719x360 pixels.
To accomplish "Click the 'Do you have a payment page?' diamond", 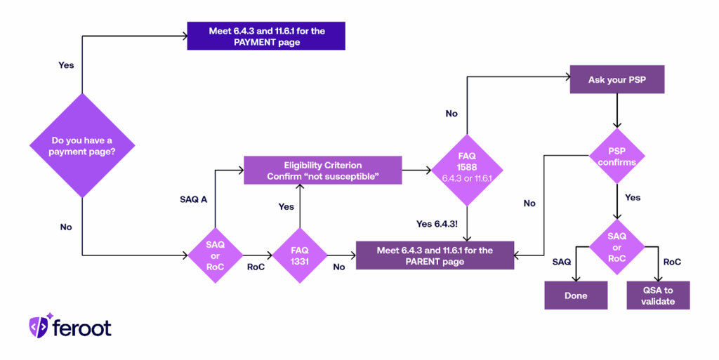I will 82,145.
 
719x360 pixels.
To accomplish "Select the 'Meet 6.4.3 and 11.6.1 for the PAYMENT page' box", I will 266,36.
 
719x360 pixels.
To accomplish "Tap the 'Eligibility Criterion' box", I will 323,171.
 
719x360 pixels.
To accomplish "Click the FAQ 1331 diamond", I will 300,255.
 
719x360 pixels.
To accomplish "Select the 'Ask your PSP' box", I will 616,81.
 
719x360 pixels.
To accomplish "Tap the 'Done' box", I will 576,295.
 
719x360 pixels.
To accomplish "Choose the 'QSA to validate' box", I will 658,295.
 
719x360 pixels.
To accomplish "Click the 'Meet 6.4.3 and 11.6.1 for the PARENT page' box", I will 435,255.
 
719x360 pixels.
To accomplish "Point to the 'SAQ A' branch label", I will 193,200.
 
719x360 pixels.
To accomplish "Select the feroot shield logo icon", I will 39,326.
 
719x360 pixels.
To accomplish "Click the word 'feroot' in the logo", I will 82,328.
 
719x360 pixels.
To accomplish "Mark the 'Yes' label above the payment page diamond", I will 66,65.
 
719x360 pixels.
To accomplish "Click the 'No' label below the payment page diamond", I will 66,227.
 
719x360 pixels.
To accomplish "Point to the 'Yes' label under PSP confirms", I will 633,198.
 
